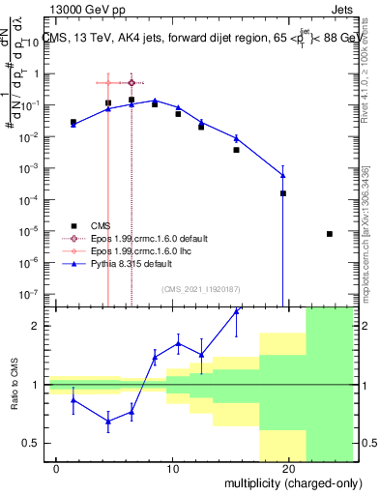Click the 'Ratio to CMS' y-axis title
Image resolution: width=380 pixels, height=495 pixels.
tap(14, 385)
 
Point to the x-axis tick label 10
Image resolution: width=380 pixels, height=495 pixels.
tap(172, 468)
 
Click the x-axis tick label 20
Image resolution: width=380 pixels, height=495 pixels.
tap(288, 468)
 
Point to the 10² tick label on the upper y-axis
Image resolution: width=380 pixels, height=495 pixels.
tap(33, 43)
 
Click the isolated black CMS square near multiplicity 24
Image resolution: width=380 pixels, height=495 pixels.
tap(330, 234)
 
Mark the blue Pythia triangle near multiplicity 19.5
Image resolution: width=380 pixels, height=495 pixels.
tap(282, 175)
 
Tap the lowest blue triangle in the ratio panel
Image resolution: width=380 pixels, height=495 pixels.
tap(108, 421)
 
